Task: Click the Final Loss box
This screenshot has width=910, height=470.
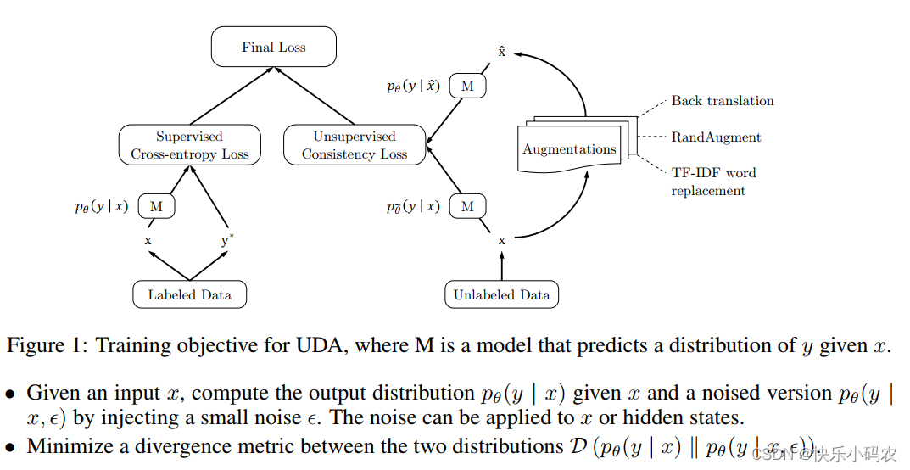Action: point(273,47)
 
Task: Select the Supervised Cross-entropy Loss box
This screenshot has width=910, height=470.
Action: point(189,145)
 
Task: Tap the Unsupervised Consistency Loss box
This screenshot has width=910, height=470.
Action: point(355,145)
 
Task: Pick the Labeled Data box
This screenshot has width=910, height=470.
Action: point(189,295)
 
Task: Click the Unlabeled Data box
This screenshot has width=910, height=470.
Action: point(501,295)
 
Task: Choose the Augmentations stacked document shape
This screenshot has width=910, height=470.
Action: point(570,149)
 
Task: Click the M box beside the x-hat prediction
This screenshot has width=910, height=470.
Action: point(467,87)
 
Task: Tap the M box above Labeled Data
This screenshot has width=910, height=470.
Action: point(155,206)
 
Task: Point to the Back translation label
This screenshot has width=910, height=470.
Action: point(723,101)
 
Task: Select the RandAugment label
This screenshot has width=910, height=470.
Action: point(716,137)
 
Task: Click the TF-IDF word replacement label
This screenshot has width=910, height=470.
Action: point(713,182)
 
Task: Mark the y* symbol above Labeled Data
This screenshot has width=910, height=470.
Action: point(227,240)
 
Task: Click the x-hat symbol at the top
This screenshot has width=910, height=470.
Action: point(502,51)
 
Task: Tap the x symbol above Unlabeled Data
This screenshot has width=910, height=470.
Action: point(502,241)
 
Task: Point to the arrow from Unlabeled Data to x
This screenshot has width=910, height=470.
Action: point(502,266)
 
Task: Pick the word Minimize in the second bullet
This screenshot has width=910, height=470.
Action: point(67,446)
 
